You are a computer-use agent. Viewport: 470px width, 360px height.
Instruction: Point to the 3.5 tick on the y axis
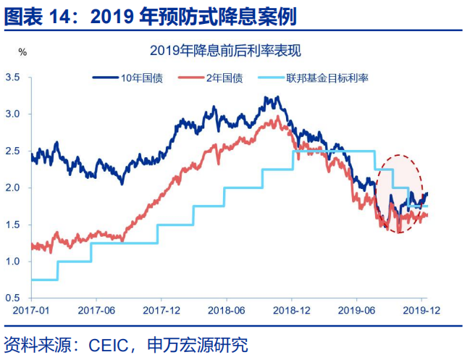click(x=14, y=77)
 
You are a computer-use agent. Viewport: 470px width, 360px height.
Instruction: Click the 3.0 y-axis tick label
click(x=14, y=114)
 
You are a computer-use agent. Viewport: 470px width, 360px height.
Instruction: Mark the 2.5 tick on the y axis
click(x=14, y=151)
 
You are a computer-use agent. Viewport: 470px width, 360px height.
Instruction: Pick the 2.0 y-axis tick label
click(x=14, y=188)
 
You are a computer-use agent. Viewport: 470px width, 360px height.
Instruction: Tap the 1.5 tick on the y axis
click(x=14, y=225)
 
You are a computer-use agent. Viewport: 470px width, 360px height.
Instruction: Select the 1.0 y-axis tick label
click(x=14, y=261)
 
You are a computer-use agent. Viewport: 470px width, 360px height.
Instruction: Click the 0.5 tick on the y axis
click(x=14, y=298)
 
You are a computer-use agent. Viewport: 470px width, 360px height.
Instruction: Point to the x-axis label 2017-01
click(x=31, y=310)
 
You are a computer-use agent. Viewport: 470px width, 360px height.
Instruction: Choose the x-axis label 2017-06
click(x=96, y=310)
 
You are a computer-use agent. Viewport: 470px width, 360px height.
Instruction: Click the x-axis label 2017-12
click(x=162, y=310)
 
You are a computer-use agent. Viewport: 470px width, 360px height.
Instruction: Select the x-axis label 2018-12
click(x=293, y=310)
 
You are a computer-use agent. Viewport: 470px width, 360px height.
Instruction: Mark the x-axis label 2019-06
click(x=358, y=310)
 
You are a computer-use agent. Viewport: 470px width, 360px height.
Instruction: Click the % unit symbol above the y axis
click(x=22, y=52)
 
